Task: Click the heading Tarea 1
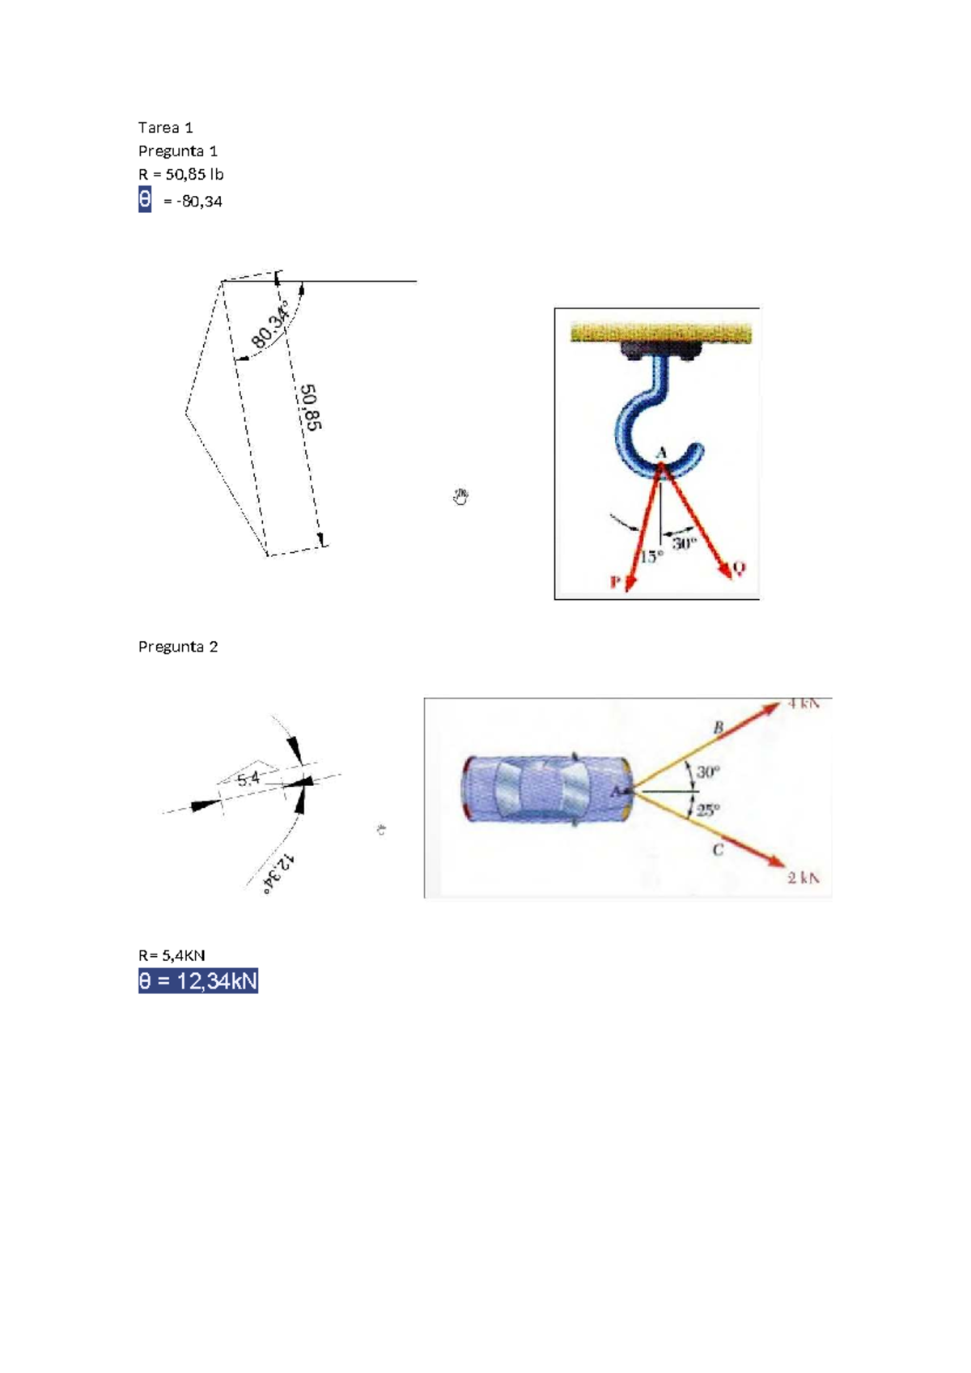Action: [165, 127]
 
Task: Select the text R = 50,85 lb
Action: [180, 174]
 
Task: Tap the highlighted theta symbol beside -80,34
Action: [145, 199]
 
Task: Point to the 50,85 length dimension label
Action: [311, 407]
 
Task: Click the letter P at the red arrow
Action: [615, 582]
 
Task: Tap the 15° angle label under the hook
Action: [651, 557]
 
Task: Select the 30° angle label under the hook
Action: [684, 543]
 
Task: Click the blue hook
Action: [639, 421]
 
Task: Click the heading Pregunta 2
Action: [177, 646]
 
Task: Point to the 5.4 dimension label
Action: [248, 779]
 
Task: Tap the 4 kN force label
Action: [804, 704]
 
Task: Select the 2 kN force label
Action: [804, 878]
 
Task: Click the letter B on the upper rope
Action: [718, 728]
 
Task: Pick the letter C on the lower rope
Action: [718, 849]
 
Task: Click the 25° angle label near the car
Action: [708, 809]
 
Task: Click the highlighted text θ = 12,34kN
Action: [197, 981]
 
